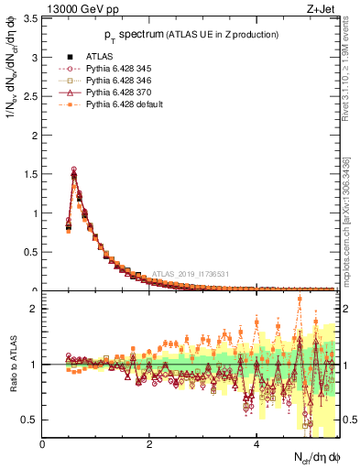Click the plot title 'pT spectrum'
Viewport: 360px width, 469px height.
tap(186, 34)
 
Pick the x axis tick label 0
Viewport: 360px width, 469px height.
tap(42, 445)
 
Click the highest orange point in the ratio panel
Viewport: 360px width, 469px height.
tap(300, 300)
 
